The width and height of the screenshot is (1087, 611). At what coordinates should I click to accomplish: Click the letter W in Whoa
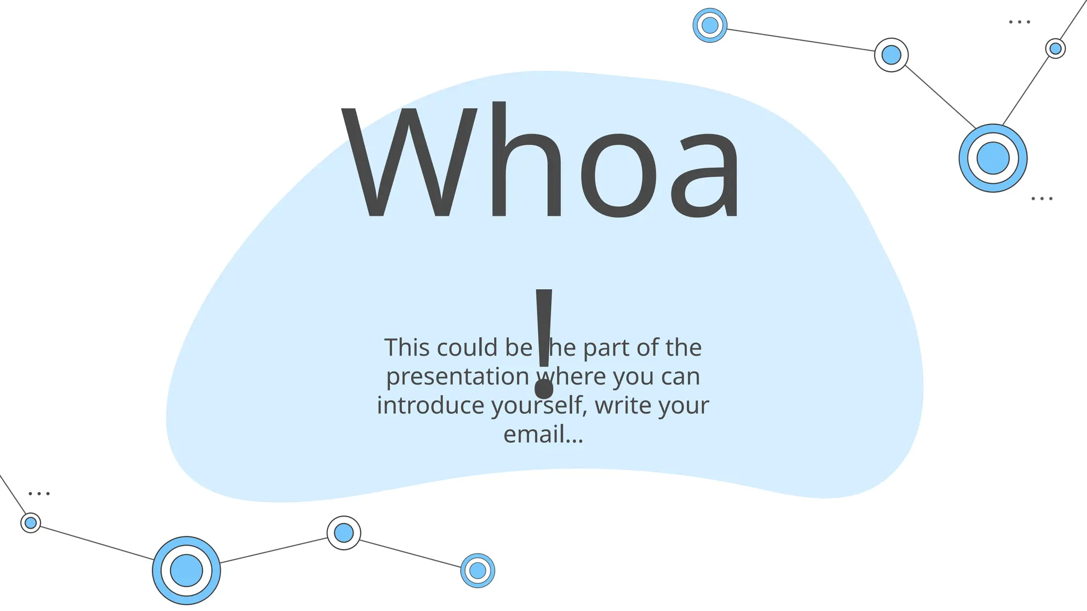click(x=409, y=162)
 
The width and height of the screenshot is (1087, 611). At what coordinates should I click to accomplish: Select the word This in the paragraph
click(x=407, y=348)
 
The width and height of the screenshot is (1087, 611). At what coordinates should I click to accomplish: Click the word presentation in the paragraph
click(x=457, y=377)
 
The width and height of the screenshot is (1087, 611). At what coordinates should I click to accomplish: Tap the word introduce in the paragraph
click(x=430, y=406)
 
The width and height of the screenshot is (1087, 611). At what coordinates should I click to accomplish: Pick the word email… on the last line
click(x=543, y=435)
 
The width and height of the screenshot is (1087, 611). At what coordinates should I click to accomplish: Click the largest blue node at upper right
click(x=993, y=158)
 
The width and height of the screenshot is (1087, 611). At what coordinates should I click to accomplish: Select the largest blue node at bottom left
click(x=186, y=570)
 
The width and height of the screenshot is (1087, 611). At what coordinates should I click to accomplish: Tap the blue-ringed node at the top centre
click(x=710, y=25)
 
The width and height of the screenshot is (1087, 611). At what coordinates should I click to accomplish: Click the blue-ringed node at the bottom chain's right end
click(x=478, y=570)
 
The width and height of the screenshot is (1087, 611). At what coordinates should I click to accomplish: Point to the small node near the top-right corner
click(x=1055, y=49)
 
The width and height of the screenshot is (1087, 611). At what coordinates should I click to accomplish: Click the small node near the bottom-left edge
click(x=31, y=523)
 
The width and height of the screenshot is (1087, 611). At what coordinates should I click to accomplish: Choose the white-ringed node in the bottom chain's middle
click(x=344, y=533)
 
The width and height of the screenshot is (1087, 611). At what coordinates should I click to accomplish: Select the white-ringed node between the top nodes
click(x=891, y=55)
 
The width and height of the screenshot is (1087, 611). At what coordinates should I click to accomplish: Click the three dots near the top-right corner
click(x=1019, y=22)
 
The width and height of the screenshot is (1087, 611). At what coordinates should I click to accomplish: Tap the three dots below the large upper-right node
click(x=1041, y=199)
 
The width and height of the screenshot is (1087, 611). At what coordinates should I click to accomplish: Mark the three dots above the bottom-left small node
click(x=39, y=494)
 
